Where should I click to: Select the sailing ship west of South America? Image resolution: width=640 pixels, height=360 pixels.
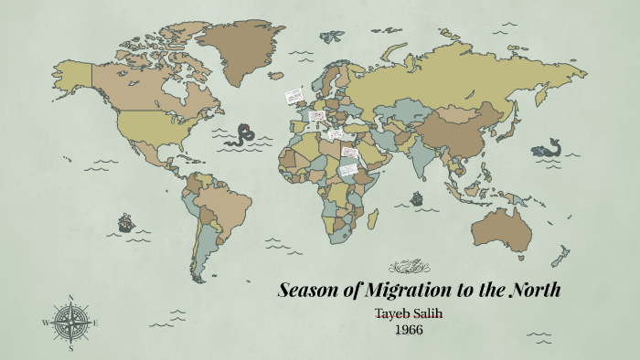tap(125, 221)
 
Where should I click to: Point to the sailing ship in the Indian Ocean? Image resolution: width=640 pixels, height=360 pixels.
tap(417, 196)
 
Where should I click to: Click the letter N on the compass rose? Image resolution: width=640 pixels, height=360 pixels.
tap(71, 298)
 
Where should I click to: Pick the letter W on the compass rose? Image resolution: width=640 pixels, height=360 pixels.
tap(45, 323)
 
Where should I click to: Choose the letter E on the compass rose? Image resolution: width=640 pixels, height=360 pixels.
tap(96, 323)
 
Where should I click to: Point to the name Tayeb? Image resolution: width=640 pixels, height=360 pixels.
tap(396, 314)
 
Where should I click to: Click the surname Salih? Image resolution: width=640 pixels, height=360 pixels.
tap(433, 314)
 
